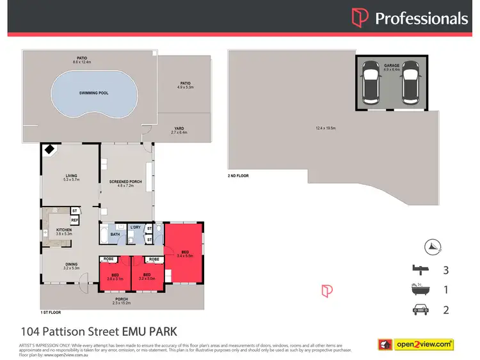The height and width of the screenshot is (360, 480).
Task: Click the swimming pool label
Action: [x=93, y=93]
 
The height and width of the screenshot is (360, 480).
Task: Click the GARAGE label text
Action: [x=392, y=65]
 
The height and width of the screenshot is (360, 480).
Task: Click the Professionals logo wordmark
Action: [x=420, y=18]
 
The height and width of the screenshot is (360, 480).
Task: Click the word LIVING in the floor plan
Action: [x=71, y=176]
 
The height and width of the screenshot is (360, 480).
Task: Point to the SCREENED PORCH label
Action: [x=121, y=181]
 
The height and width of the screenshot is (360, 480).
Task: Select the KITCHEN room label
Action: [x=64, y=230]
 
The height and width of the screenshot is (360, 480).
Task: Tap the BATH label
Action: [x=115, y=234]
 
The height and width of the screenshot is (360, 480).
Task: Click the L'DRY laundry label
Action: [x=135, y=228]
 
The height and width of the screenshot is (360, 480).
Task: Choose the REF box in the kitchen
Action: [x=74, y=220]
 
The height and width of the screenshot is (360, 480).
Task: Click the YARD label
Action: [x=177, y=129]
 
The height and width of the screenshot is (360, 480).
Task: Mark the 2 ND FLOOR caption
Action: [x=238, y=175]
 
